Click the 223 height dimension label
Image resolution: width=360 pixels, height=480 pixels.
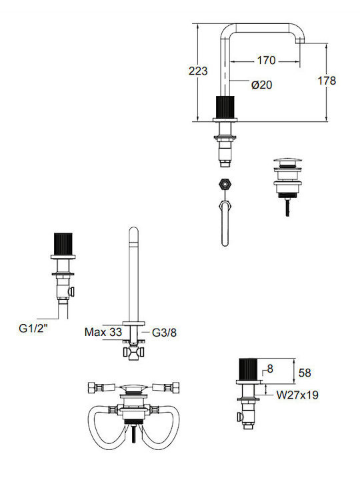click(198, 71)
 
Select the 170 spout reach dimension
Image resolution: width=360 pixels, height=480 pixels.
click(266, 60)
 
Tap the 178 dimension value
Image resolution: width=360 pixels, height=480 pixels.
click(327, 81)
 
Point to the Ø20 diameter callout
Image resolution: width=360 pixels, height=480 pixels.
click(262, 85)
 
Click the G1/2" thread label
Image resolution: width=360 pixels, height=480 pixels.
click(33, 328)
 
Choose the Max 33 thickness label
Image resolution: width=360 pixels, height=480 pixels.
click(103, 332)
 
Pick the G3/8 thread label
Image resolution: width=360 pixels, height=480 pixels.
click(165, 333)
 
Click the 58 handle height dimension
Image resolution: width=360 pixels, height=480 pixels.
click(305, 373)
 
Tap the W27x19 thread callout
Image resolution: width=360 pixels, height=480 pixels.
click(297, 395)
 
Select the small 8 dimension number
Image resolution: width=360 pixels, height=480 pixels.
click(270, 369)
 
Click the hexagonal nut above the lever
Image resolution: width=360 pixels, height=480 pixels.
click(225, 184)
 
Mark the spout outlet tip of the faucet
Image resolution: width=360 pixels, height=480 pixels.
click(300, 41)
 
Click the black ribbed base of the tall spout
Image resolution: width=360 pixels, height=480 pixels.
click(225, 107)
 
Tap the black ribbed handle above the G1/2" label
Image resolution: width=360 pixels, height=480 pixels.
click(63, 244)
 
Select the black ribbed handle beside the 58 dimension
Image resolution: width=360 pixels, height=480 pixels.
click(248, 369)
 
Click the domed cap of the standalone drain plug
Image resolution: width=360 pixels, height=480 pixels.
click(287, 161)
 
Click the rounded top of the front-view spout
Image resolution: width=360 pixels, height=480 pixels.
click(133, 231)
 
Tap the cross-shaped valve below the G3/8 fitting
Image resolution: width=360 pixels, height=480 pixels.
click(134, 352)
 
